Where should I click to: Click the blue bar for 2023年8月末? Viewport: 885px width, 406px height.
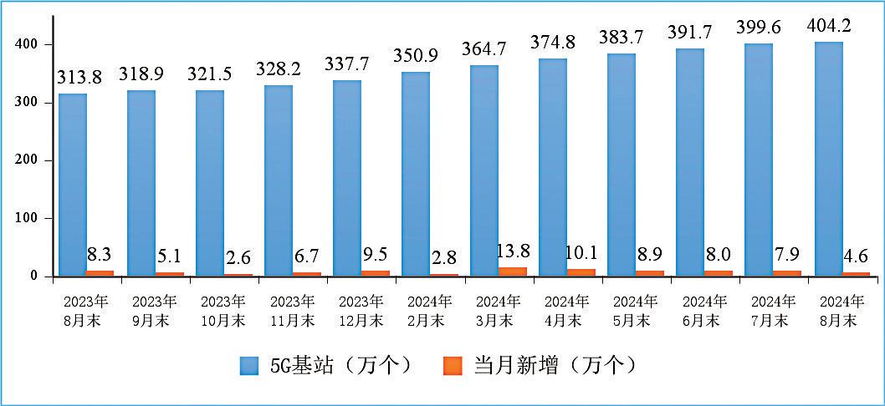[x=72, y=185]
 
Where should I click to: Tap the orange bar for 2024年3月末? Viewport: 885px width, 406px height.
[x=513, y=272]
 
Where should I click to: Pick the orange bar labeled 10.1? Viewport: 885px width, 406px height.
[x=581, y=272]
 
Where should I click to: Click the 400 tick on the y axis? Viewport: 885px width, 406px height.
[x=28, y=44]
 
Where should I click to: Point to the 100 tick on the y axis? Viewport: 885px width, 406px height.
[x=28, y=218]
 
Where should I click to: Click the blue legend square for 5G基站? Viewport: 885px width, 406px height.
[x=250, y=365]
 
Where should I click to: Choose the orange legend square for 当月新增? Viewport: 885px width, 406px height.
[x=453, y=365]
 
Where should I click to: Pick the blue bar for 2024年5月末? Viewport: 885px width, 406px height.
[x=622, y=165]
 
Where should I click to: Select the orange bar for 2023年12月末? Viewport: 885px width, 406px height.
[x=376, y=273]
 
